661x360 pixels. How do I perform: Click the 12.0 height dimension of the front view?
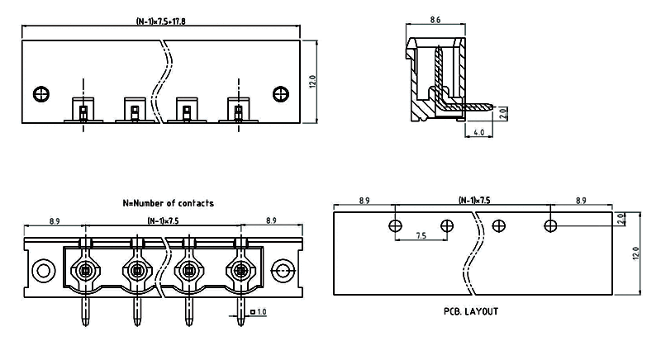tap(312, 81)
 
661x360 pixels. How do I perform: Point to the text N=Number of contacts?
tap(168, 203)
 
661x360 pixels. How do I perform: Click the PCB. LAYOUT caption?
tap(470, 312)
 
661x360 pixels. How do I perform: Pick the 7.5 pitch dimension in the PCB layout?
tap(421, 235)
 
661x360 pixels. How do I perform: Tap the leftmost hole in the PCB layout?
tap(396, 225)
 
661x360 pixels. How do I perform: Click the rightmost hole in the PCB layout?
tap(550, 225)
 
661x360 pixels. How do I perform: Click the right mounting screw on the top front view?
tap(280, 93)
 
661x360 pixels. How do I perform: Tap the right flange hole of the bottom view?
tap(283, 269)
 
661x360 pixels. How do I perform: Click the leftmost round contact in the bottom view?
tap(85, 269)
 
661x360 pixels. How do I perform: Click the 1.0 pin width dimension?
tap(260, 312)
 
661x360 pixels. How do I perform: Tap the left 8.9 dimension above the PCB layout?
tap(364, 201)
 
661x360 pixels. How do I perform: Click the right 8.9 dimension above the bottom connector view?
tap(271, 220)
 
